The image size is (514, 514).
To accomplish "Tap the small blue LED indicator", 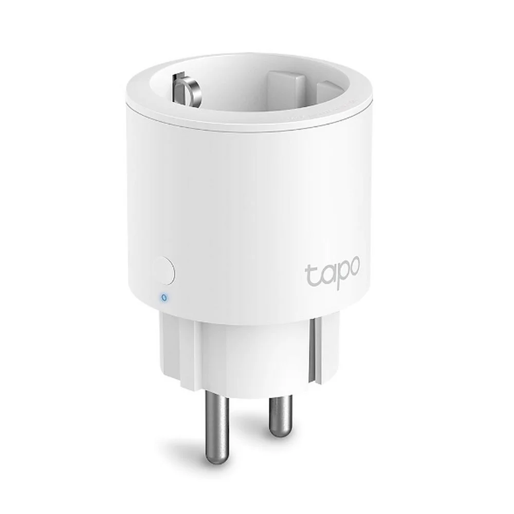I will [x=163, y=297].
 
